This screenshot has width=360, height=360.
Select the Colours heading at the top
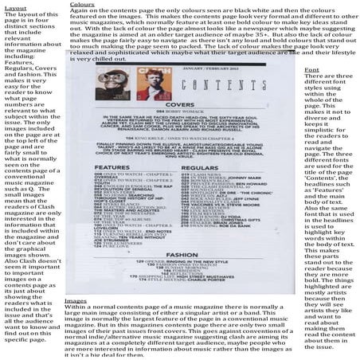click(80, 4)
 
